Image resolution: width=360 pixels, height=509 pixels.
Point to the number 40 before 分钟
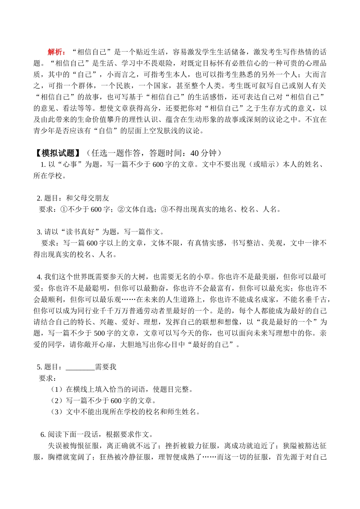click(195, 153)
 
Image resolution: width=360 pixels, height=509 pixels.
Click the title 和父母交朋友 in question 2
click(88, 198)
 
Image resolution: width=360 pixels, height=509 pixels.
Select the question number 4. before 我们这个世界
click(39, 277)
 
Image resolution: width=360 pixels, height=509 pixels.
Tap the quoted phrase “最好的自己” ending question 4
click(211, 345)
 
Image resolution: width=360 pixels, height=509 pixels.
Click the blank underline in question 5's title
click(80, 367)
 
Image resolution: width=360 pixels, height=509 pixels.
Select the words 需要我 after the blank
click(106, 367)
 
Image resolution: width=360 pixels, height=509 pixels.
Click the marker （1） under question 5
click(56, 390)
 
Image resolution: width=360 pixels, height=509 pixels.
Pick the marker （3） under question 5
click(56, 412)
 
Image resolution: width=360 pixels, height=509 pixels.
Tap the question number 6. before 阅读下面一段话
click(43, 435)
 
